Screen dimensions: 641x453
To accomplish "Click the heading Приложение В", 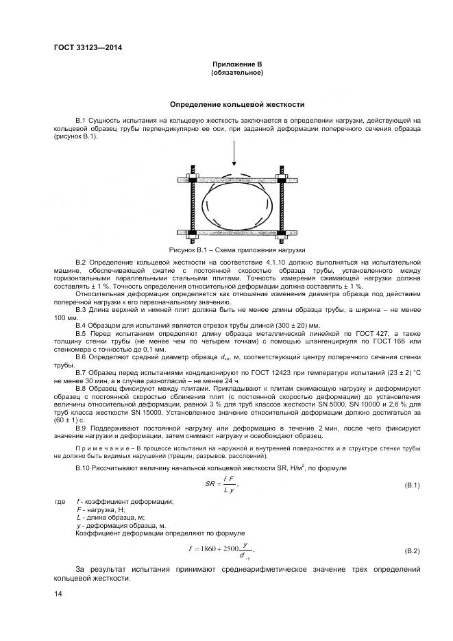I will [x=237, y=64].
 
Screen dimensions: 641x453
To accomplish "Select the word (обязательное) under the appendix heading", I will [x=237, y=72].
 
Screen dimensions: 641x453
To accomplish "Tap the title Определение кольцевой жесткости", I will [x=237, y=105].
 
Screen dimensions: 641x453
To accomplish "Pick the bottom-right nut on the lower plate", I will [x=282, y=230].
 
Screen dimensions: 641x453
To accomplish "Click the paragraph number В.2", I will [x=80, y=263].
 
